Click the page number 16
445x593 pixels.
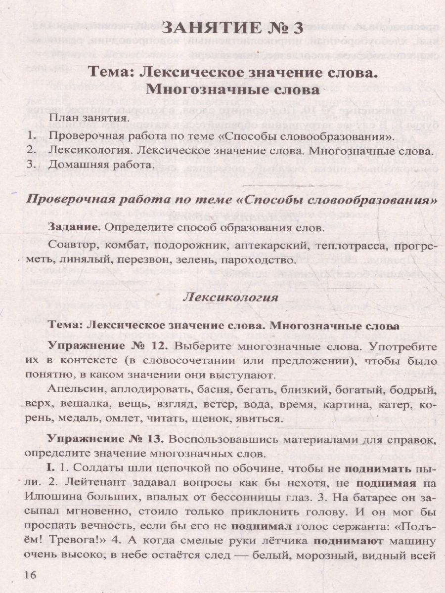pos(16,575)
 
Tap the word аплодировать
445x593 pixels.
pos(146,390)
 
